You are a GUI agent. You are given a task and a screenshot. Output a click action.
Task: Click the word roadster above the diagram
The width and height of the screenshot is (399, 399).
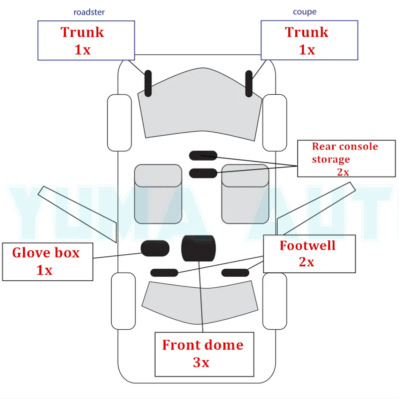tap(89, 12)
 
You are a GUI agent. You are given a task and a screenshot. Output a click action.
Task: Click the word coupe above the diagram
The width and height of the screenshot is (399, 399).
tap(304, 12)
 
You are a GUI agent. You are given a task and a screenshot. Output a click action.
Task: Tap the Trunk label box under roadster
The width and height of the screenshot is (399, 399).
tap(86, 40)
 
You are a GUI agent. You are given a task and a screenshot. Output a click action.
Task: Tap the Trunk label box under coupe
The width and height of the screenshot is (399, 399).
tap(309, 40)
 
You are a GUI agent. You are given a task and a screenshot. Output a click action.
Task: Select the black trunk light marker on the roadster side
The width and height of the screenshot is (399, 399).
tap(148, 83)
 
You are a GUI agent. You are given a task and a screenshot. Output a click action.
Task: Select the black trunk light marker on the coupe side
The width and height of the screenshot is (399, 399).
tap(249, 83)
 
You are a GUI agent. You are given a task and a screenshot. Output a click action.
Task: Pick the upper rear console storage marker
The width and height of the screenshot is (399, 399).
tap(203, 156)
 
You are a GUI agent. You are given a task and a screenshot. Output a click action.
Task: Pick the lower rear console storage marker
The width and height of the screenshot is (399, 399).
tap(203, 173)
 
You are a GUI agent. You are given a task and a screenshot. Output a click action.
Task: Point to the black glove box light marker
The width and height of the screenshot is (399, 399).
tap(155, 248)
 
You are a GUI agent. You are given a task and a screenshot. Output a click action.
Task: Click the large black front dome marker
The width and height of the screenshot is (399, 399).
tap(198, 248)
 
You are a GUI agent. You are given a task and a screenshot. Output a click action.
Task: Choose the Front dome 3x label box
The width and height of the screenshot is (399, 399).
tap(202, 354)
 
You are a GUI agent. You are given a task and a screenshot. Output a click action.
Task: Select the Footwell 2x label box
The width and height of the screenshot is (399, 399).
tap(309, 254)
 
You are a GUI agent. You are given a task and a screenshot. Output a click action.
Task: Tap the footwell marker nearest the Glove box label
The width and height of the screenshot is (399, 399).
tap(165, 272)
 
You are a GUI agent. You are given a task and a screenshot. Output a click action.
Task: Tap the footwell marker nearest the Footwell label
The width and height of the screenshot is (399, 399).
tap(235, 272)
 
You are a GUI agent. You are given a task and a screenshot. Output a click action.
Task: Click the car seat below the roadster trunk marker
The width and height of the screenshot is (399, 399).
tap(158, 194)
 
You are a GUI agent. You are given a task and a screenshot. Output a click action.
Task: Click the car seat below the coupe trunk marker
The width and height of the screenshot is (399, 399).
tap(245, 194)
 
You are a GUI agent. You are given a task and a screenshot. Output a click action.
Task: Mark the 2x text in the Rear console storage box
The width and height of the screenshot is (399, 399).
tap(343, 171)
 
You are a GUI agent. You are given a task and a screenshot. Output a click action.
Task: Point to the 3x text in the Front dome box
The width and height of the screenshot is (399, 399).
tap(201, 363)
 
